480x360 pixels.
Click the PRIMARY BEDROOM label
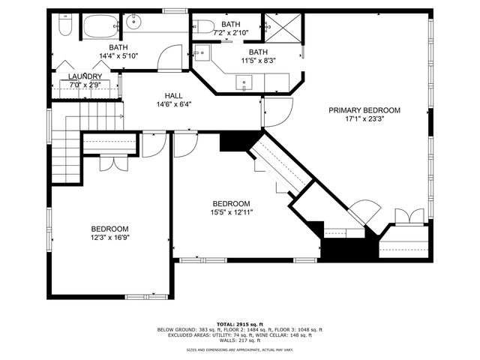[364, 110]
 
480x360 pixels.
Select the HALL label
[174, 95]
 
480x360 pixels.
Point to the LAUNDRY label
[85, 76]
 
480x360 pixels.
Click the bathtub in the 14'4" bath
[98, 27]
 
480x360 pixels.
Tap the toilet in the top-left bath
[64, 28]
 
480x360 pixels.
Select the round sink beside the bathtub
[134, 22]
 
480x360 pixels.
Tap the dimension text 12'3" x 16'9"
[109, 238]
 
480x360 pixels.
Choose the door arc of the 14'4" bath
[172, 57]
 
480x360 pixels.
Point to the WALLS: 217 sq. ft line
[239, 340]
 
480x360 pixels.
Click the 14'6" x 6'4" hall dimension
[174, 104]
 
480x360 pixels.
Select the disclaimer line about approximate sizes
[239, 349]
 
